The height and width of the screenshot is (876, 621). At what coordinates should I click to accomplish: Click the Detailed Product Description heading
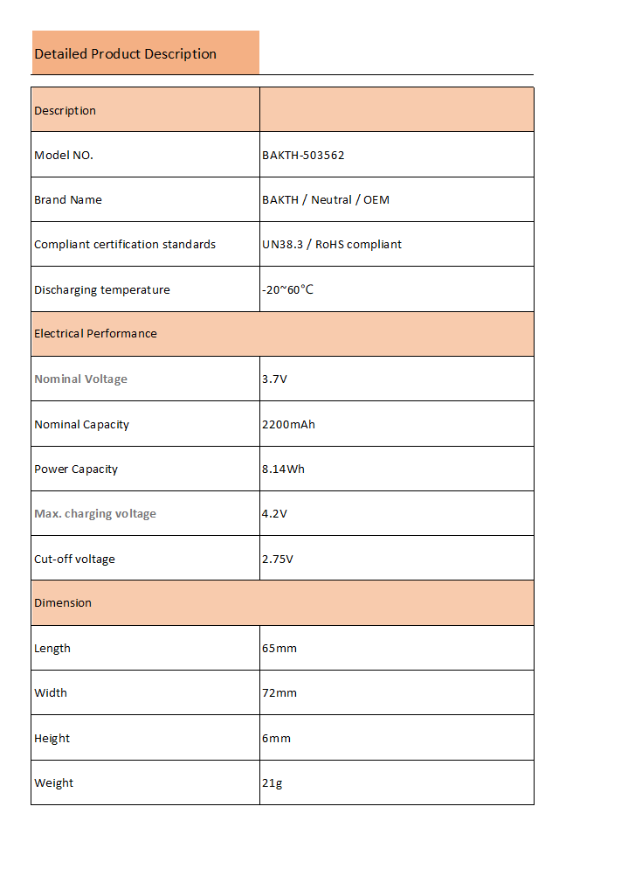point(125,54)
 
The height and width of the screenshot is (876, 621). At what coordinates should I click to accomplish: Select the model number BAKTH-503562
point(303,156)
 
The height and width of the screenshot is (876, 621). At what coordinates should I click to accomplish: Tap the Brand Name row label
point(68,200)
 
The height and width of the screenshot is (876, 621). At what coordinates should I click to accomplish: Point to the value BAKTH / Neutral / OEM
point(326,200)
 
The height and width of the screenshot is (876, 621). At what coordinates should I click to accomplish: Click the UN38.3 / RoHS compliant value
point(332,245)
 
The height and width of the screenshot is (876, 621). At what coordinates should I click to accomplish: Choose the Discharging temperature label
point(102,290)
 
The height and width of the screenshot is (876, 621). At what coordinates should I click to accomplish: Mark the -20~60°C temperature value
point(287,290)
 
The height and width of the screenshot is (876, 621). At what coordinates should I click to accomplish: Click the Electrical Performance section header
point(95,334)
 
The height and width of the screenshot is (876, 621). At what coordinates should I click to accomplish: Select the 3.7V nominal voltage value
point(274,379)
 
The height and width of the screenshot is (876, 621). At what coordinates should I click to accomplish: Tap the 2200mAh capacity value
point(288,425)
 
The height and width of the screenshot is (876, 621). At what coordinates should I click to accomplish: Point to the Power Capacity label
point(76,469)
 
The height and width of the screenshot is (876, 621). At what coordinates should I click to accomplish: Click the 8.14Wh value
point(283,469)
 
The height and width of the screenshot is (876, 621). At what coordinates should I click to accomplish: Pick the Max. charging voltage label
point(95,514)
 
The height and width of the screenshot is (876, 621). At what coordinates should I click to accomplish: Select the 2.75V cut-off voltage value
point(278,560)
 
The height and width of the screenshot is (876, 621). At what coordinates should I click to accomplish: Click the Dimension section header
point(63,603)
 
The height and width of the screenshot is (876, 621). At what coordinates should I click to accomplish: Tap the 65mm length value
point(279,649)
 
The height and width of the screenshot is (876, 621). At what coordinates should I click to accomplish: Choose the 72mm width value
point(279,693)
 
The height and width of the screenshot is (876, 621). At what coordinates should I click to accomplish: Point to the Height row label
point(52,739)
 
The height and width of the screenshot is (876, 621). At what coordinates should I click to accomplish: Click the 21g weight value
point(273,783)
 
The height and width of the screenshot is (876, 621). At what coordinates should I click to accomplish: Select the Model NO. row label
point(64,156)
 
